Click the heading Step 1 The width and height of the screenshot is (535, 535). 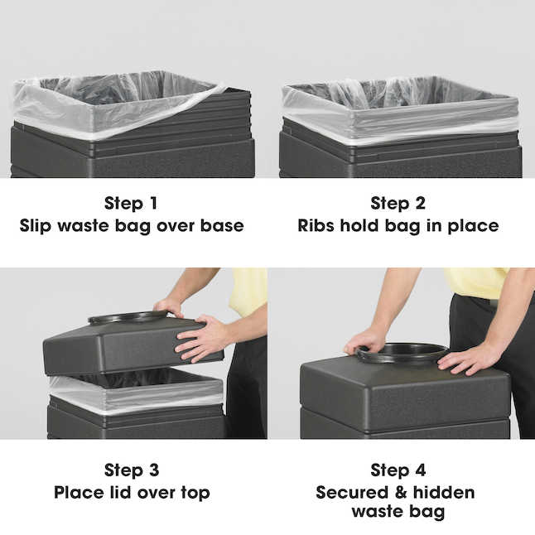point(131,203)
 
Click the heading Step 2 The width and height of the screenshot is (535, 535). point(398,203)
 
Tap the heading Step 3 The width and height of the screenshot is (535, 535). point(132,470)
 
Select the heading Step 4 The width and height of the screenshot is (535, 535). point(398,470)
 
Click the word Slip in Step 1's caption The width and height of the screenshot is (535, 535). point(36,226)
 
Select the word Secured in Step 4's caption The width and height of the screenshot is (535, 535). point(352,493)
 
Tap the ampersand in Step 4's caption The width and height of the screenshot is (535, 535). point(401,493)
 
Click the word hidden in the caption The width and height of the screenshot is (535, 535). point(444,493)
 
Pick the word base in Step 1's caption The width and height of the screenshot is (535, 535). point(222,225)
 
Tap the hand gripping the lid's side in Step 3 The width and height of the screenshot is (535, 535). point(200,339)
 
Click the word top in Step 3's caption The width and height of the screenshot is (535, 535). point(195,494)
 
